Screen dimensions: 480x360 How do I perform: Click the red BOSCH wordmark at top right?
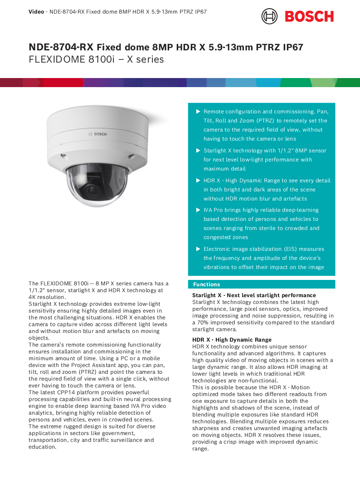point(309,16)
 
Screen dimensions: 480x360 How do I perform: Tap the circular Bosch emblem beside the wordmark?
point(269,16)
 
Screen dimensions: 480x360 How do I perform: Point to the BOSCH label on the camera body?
point(97,134)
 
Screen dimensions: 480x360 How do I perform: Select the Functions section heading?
point(206,284)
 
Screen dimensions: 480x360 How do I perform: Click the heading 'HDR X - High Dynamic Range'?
point(232,340)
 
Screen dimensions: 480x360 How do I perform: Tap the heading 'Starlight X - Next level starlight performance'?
point(254,295)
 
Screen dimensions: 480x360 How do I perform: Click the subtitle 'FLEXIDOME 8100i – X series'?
point(96,59)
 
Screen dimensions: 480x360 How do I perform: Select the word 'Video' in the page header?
point(36,11)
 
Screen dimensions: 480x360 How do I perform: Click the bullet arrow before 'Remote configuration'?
point(198,112)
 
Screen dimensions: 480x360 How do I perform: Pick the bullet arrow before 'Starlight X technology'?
point(198,151)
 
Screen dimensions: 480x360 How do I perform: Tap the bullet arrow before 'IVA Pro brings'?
point(198,210)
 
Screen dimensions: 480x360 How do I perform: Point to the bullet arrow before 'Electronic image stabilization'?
point(198,249)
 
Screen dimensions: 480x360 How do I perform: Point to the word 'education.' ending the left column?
point(42,447)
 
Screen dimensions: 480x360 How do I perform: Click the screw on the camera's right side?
point(131,156)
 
